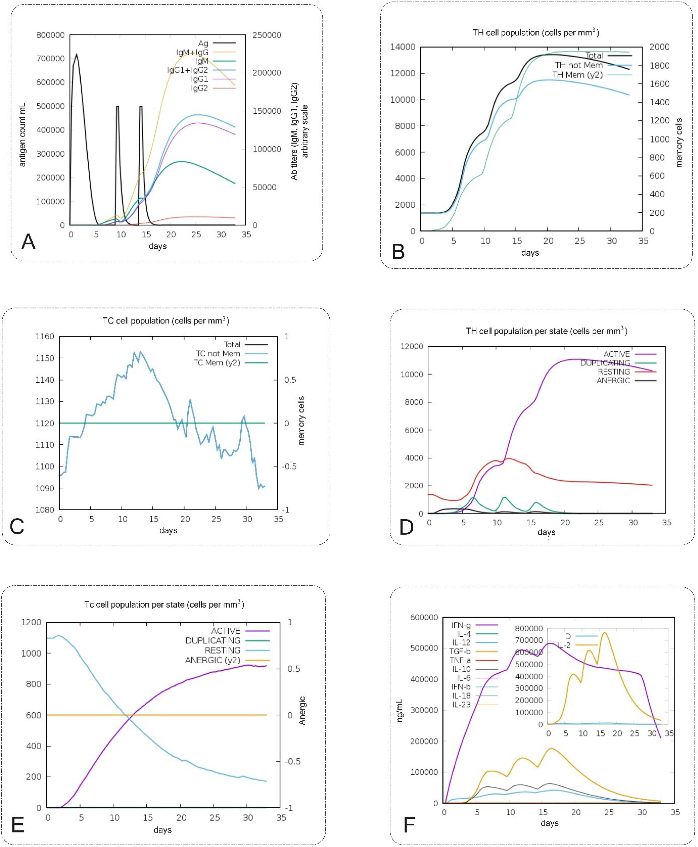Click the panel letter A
[29, 242]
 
